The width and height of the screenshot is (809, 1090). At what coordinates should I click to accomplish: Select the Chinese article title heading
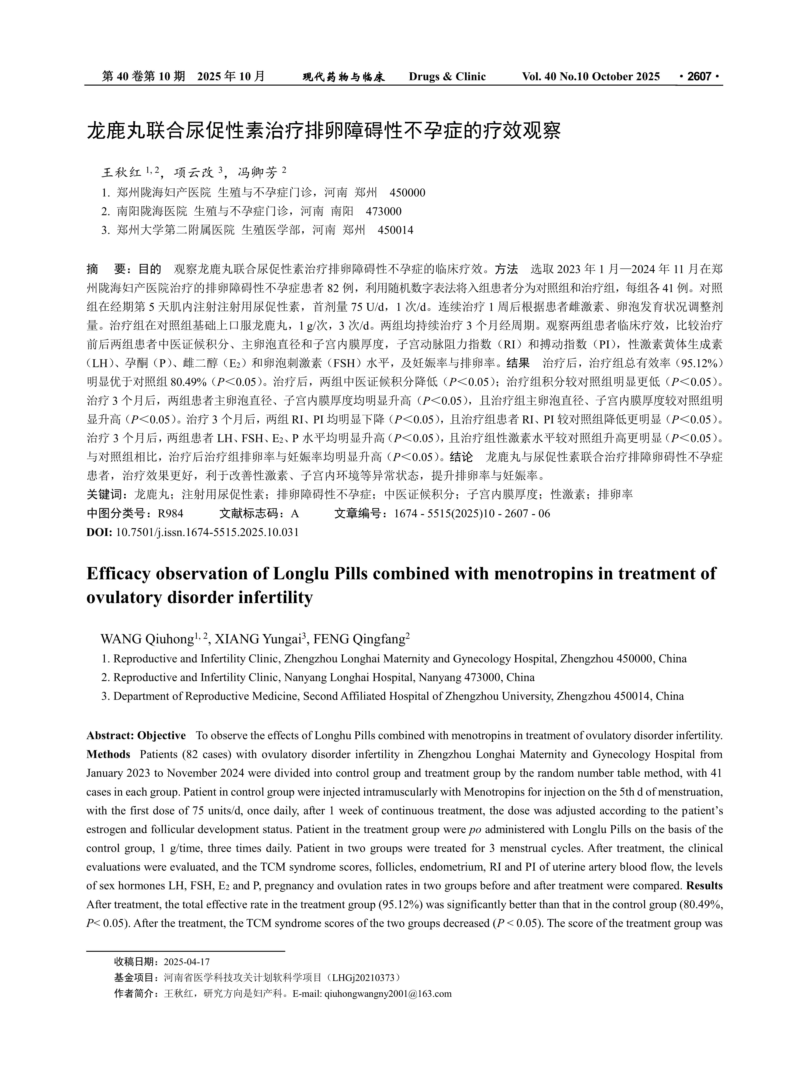tap(324, 131)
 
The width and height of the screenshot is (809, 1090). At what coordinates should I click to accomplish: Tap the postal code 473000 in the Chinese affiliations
tap(383, 212)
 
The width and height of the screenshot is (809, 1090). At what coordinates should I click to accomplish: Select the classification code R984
tap(171, 514)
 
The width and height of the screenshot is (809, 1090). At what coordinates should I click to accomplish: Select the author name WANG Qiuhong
tap(147, 639)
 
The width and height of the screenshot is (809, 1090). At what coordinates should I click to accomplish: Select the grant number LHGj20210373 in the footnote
tap(363, 978)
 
